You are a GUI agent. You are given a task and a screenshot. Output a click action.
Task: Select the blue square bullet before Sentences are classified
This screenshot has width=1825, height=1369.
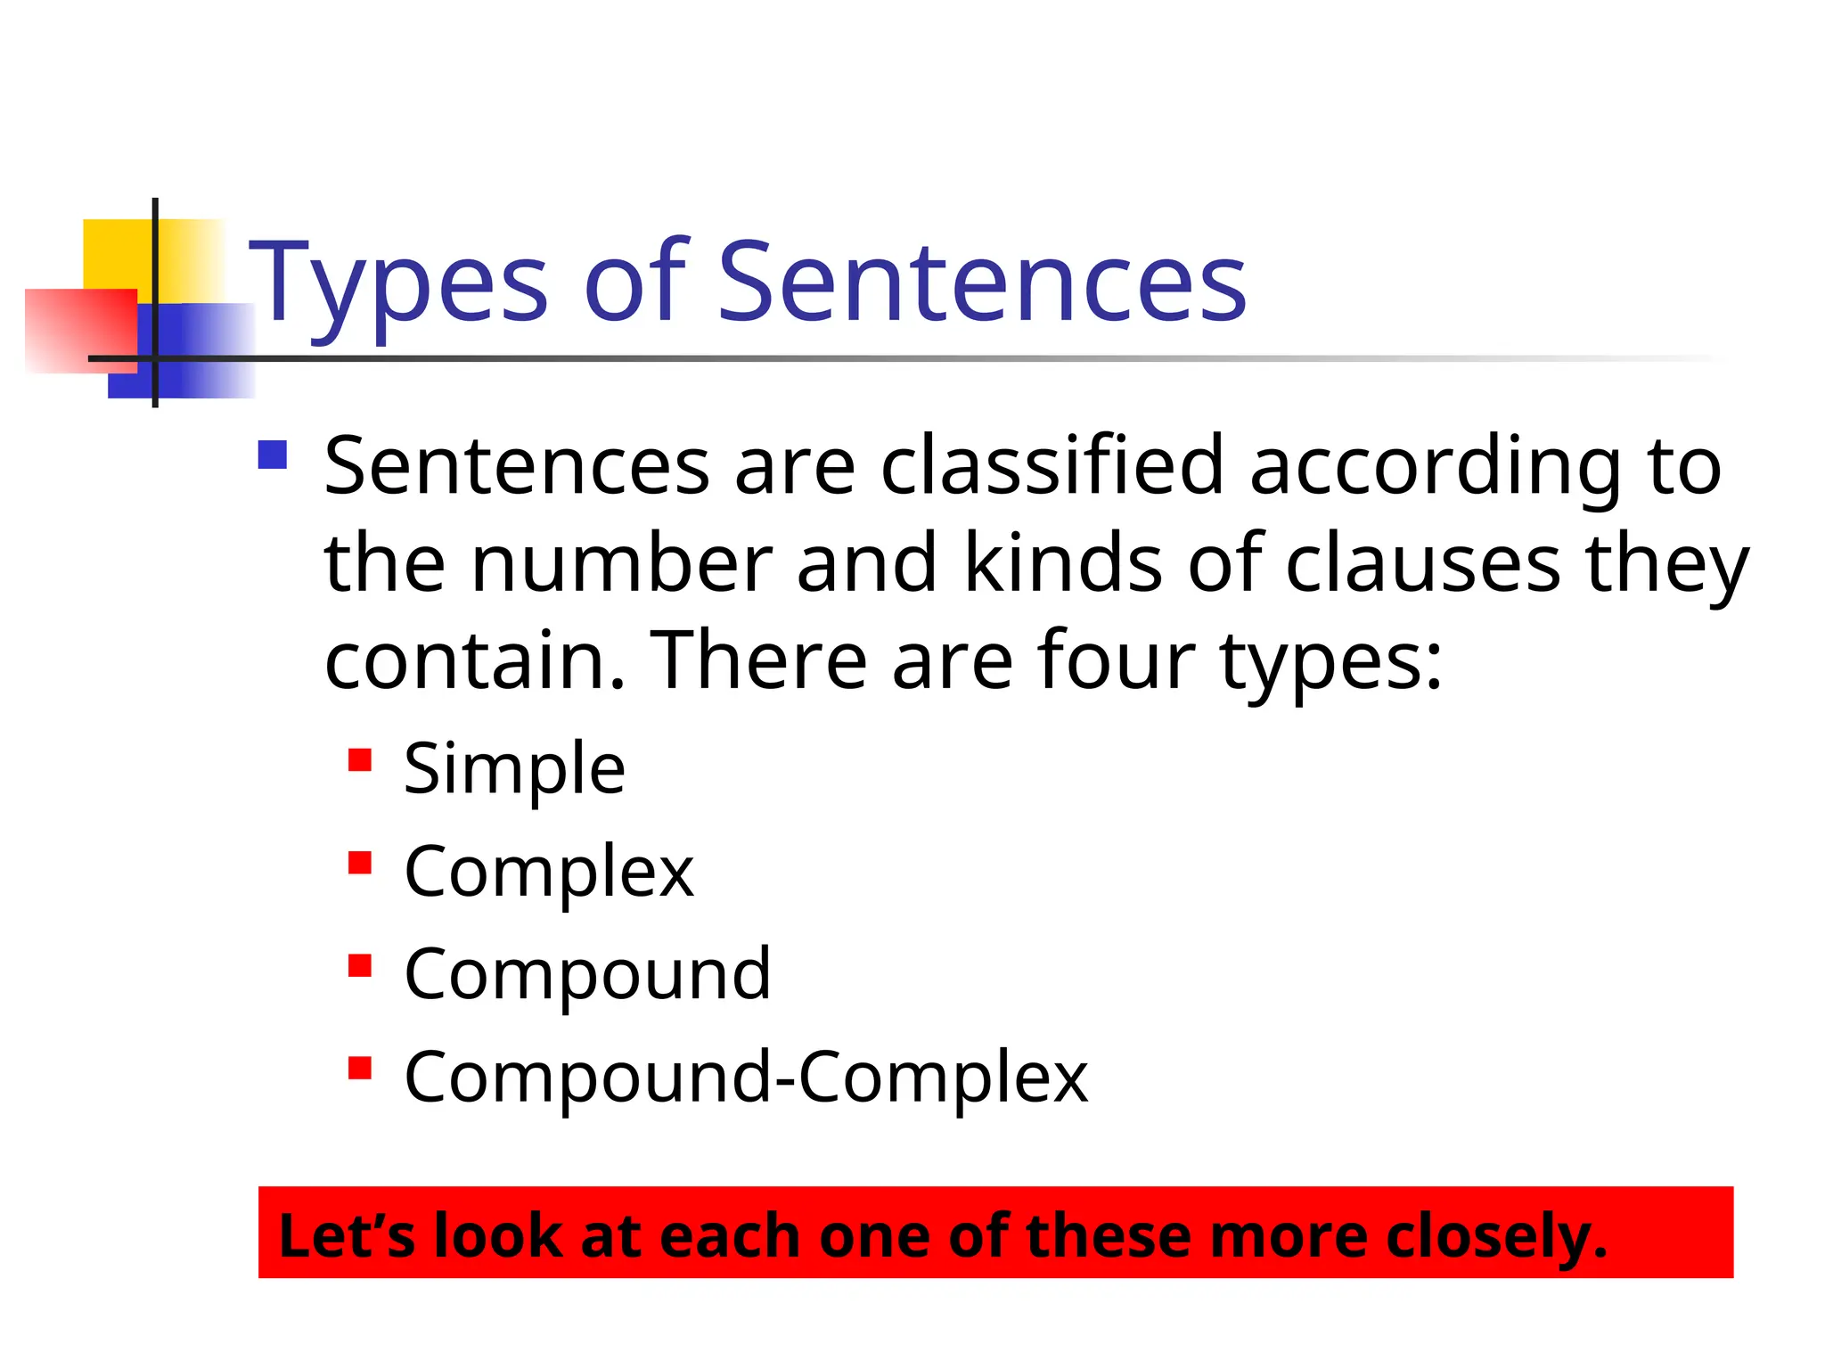[x=273, y=455]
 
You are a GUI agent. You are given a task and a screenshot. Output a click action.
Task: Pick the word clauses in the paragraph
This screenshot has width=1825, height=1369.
[x=1422, y=563]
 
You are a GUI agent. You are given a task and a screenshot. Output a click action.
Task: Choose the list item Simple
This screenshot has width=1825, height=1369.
[x=514, y=768]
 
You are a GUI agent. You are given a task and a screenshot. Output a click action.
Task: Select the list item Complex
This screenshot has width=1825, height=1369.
[x=548, y=872]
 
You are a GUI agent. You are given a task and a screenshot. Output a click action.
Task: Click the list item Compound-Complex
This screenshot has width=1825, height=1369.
[x=746, y=1078]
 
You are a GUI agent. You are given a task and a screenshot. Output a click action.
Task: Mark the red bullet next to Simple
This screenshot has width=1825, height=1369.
[x=360, y=760]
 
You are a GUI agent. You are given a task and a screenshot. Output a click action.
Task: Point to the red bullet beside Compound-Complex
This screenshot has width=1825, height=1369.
[x=360, y=1068]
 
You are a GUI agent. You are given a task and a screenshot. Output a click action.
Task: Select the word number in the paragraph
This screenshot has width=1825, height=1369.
[x=621, y=563]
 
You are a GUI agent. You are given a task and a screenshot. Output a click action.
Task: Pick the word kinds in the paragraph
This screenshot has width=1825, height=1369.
[x=1063, y=562]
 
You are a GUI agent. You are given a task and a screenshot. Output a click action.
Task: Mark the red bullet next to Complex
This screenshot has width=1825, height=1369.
[x=360, y=863]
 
